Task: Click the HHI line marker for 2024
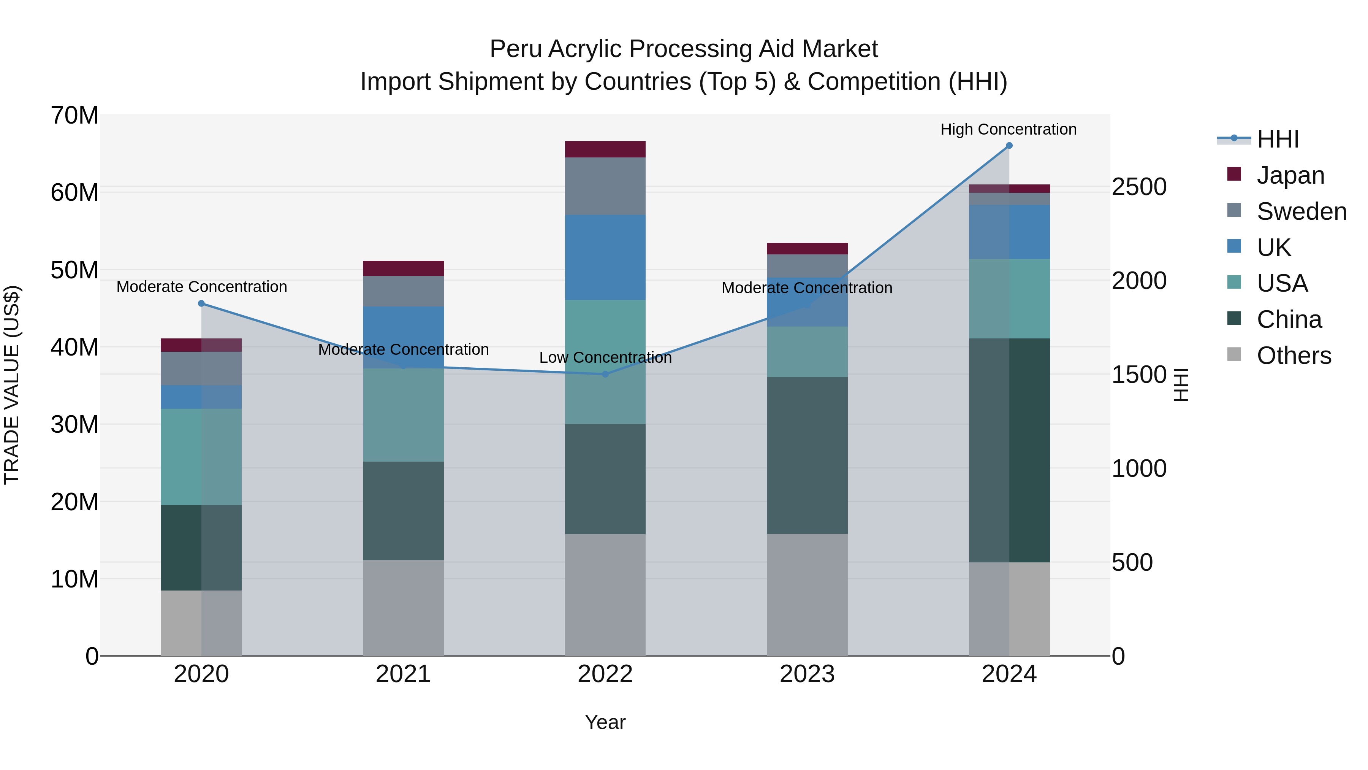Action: (1009, 146)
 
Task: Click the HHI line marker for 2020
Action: (201, 303)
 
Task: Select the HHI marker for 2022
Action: (605, 374)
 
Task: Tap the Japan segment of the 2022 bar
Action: (605, 149)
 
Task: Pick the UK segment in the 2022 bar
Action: (605, 257)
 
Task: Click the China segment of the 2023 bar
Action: (807, 456)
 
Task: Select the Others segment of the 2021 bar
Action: (403, 607)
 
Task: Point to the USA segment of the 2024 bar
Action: (1009, 298)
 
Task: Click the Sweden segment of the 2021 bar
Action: (403, 291)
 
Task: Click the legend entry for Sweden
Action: (1301, 211)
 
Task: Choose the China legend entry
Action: (1289, 319)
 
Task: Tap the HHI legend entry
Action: (1277, 139)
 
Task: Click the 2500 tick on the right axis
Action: (1139, 187)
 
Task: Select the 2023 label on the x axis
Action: (807, 674)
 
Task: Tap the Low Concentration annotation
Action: (605, 358)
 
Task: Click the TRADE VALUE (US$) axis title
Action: (12, 385)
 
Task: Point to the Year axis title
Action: (605, 722)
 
